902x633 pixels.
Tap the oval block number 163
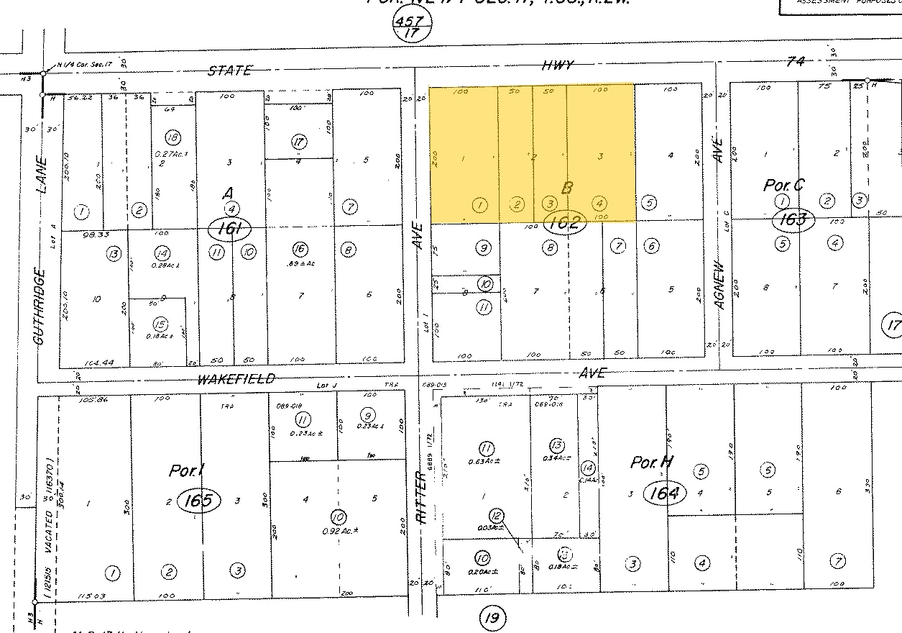[793, 219]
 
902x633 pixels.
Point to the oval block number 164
[665, 493]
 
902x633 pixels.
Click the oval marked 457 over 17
[412, 27]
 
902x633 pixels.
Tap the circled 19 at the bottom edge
[494, 617]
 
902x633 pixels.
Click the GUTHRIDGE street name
[40, 306]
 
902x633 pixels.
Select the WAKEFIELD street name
[236, 379]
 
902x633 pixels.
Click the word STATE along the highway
[230, 70]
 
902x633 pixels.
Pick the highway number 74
[795, 62]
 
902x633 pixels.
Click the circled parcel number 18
[172, 137]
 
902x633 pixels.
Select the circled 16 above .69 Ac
[299, 250]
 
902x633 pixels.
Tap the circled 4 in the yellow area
[599, 204]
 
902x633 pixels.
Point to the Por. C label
[783, 185]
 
